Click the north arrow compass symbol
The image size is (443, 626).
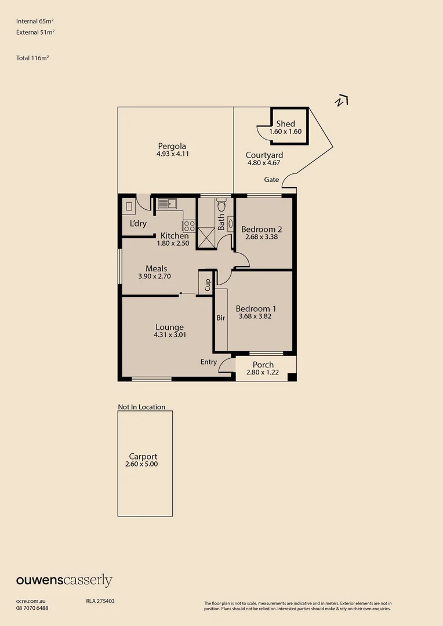342,101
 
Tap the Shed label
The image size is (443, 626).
285,123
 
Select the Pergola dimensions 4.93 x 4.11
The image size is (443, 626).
173,154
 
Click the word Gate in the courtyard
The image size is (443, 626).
271,180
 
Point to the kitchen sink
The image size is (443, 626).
166,203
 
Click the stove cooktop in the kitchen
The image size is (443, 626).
189,225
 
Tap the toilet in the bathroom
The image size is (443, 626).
221,205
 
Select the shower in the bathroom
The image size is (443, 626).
205,238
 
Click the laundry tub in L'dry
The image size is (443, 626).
129,206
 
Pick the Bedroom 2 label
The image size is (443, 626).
262,229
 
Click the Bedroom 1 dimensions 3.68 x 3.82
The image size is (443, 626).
256,316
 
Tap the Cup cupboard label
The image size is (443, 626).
208,284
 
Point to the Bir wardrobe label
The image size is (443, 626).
221,318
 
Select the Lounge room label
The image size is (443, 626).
169,327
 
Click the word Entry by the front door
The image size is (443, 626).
209,362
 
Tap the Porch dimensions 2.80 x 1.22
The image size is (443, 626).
263,372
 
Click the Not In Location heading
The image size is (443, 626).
141,407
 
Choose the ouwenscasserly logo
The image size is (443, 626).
64,580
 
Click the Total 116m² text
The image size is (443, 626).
32,58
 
